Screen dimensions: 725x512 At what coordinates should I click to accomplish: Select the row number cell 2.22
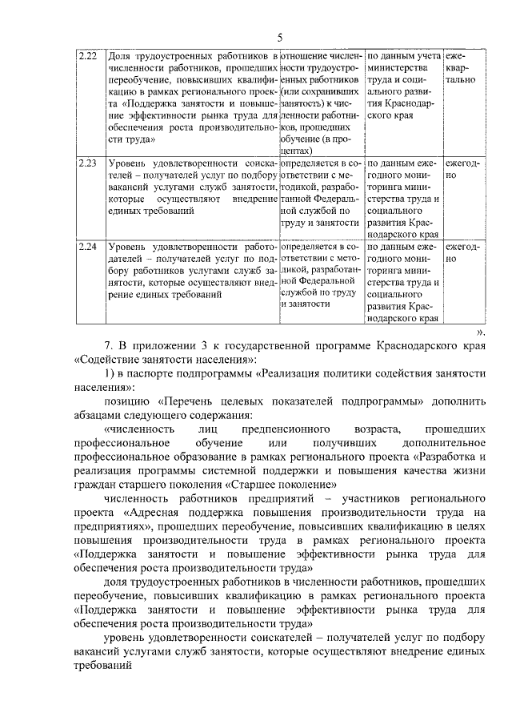(88, 56)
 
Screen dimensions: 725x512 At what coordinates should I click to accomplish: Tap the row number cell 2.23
(88, 163)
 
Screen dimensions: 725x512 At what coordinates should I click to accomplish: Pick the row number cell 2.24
(88, 247)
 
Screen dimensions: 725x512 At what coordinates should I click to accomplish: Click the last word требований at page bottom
(102, 665)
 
